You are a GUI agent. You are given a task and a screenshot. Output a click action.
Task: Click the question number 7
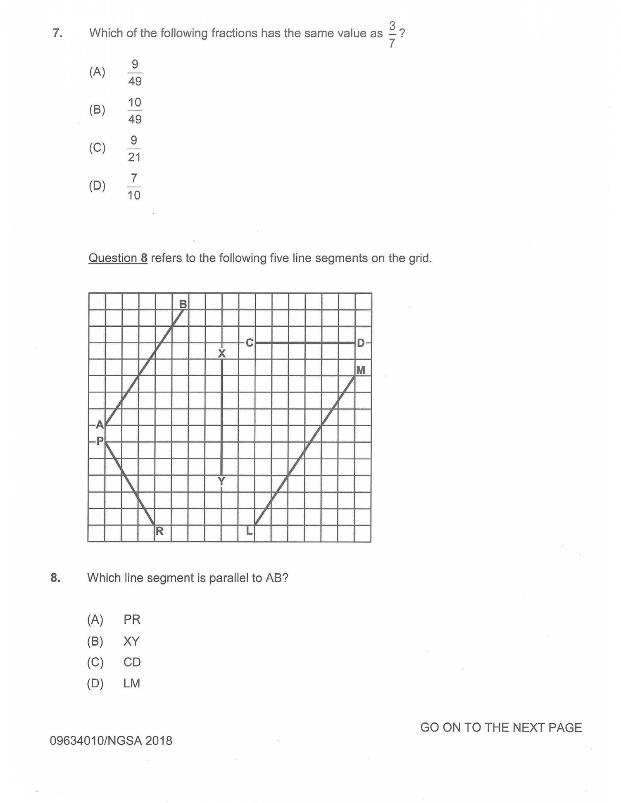click(x=57, y=33)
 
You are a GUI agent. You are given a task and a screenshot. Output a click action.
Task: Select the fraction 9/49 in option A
click(x=135, y=73)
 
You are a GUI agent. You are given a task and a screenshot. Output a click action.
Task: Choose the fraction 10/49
click(x=135, y=111)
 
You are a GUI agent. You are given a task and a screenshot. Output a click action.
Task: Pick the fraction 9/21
click(x=134, y=149)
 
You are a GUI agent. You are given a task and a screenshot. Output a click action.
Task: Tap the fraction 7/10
click(x=134, y=187)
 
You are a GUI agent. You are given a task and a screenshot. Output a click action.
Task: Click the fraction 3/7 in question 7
click(x=392, y=35)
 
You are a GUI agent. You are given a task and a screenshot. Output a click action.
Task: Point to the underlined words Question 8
click(x=118, y=258)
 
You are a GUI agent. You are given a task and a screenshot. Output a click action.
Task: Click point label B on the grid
click(x=183, y=304)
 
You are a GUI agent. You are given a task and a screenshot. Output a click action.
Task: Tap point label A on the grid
click(x=100, y=425)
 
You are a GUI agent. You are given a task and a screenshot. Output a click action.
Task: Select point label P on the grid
click(x=100, y=441)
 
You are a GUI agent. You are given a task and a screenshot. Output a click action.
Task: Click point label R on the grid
click(x=159, y=531)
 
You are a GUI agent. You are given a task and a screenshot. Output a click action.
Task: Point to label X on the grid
click(x=222, y=354)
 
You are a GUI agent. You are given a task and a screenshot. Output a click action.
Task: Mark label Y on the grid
click(x=221, y=481)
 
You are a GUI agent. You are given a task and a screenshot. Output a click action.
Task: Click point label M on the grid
click(x=361, y=371)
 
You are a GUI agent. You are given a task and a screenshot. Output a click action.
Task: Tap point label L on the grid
click(x=249, y=531)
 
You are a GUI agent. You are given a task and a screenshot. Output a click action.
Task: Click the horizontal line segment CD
click(x=305, y=343)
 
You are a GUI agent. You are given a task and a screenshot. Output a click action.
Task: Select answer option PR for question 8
click(x=132, y=620)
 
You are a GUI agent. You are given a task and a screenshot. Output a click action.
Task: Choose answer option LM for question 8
click(x=132, y=683)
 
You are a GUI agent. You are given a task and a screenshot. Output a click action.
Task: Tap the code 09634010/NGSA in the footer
click(x=96, y=741)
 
